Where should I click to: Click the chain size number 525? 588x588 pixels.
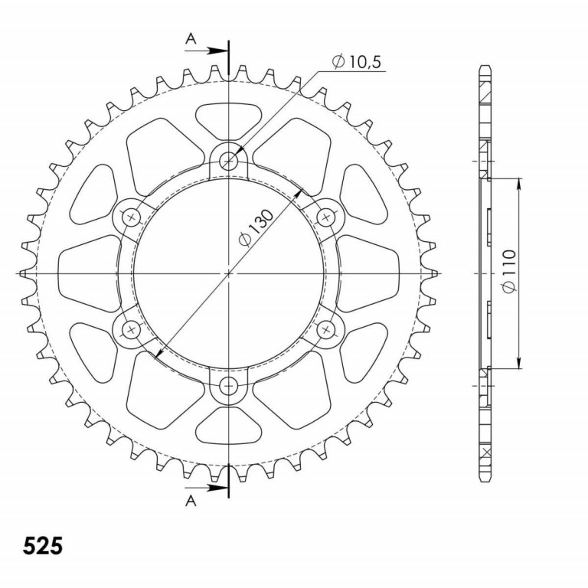point(43,547)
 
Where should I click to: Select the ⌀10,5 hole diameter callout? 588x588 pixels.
point(357,62)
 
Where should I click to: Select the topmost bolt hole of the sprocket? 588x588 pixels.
point(230,161)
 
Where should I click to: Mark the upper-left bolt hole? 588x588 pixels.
point(132,217)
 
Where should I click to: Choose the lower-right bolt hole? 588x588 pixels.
point(327,329)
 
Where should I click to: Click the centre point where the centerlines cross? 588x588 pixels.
point(230,273)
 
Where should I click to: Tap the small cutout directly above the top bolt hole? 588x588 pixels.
point(230,119)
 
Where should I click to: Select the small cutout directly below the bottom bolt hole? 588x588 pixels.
point(230,426)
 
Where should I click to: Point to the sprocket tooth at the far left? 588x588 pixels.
point(24,273)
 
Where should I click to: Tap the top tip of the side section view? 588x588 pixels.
point(484,66)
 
